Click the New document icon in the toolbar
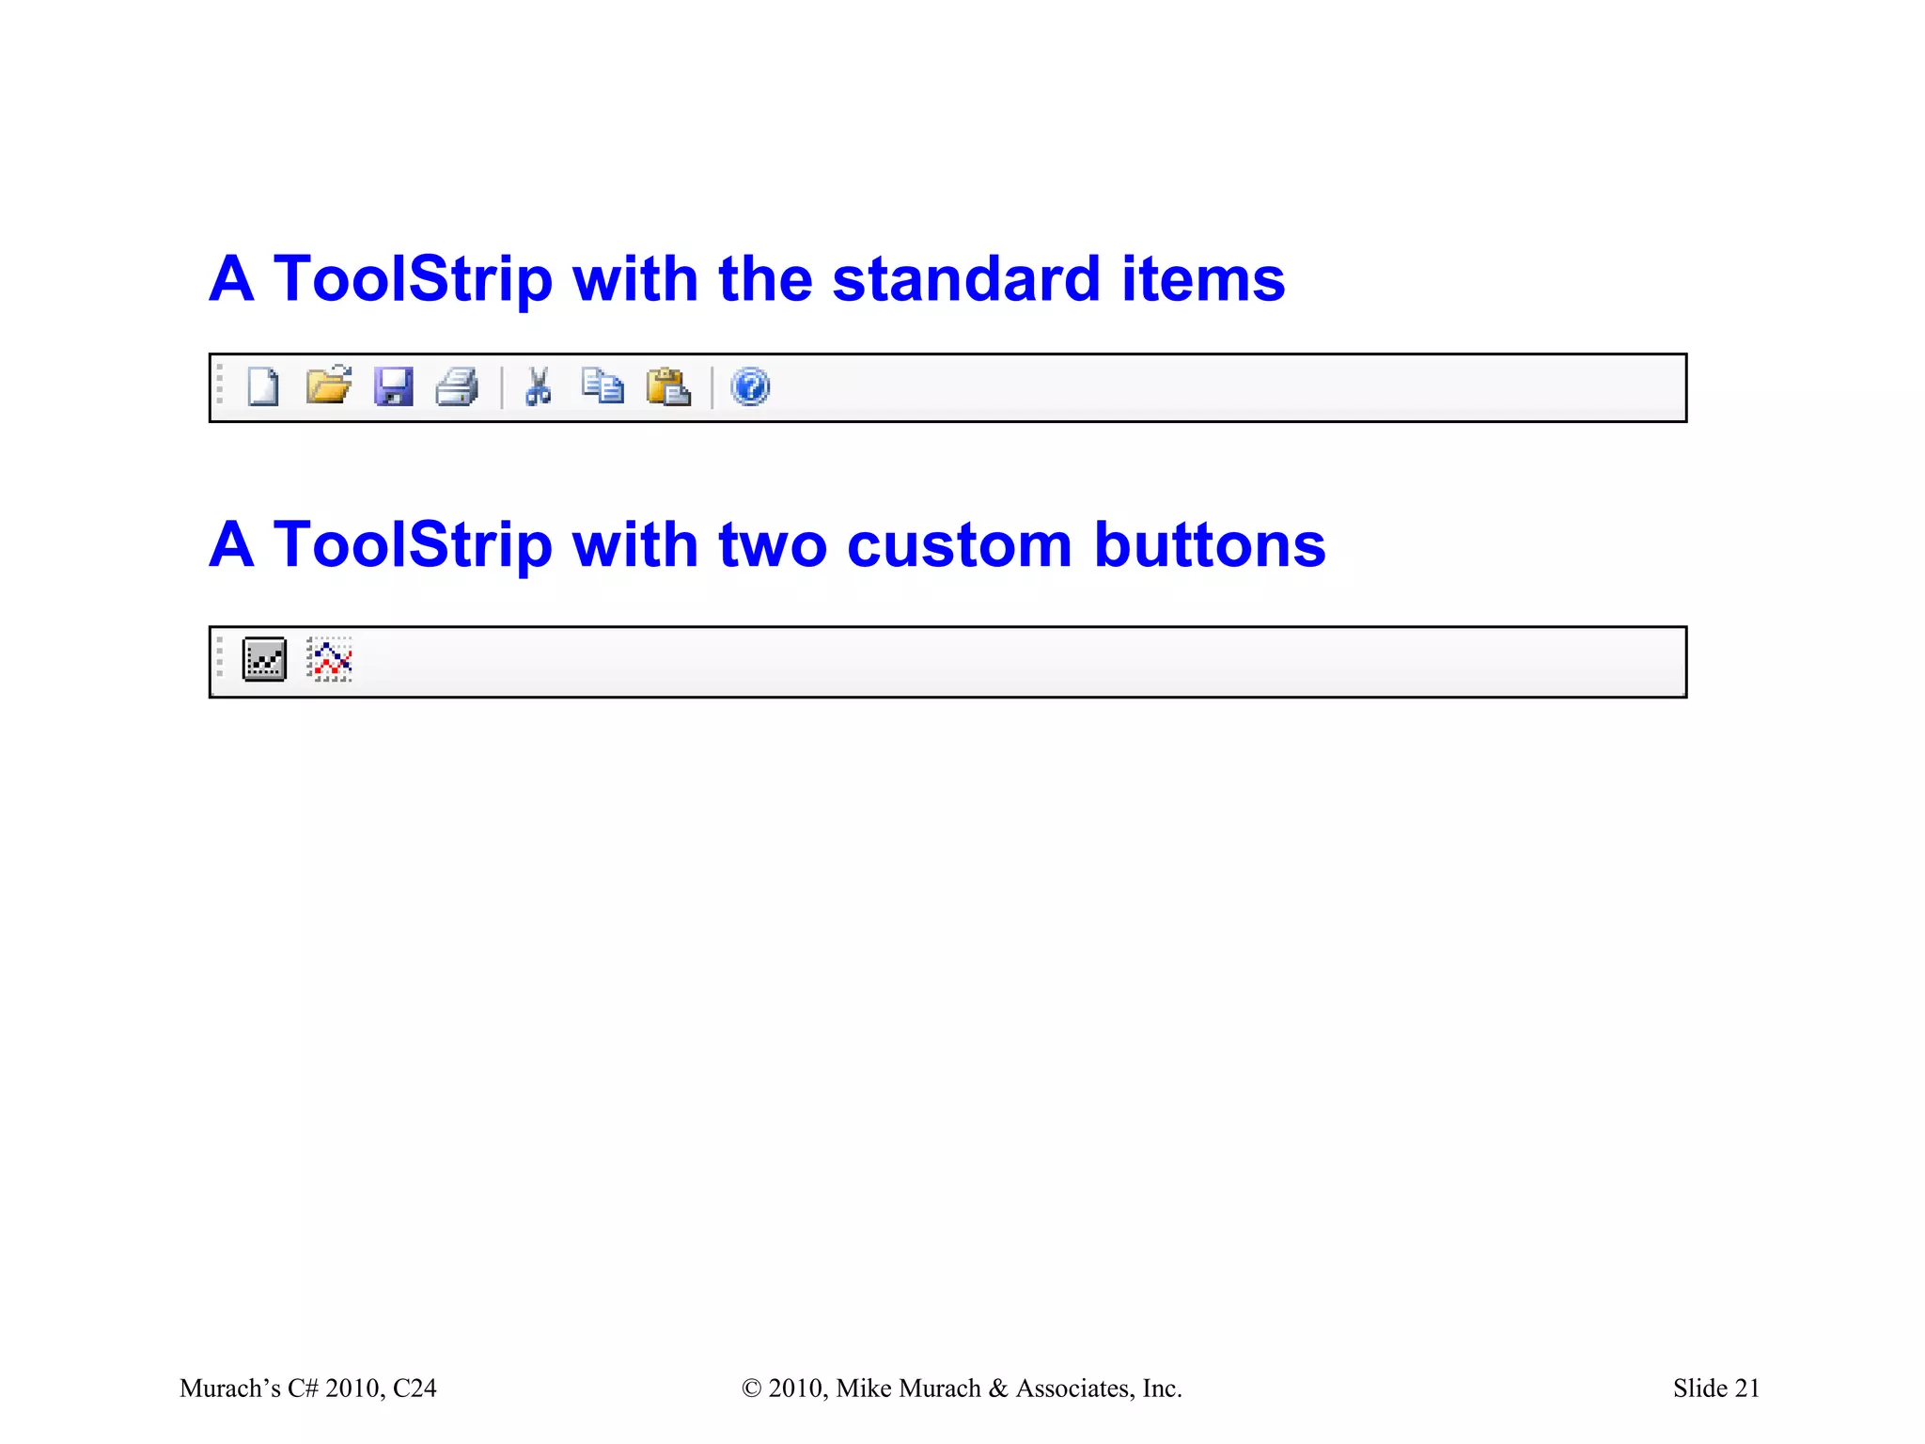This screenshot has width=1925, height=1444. pyautogui.click(x=263, y=387)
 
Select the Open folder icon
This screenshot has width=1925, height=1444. pyautogui.click(x=329, y=385)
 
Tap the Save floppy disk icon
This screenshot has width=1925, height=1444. pyautogui.click(x=393, y=386)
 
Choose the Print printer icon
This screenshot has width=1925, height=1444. pyautogui.click(x=458, y=386)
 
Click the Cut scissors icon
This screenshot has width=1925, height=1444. pyautogui.click(x=539, y=386)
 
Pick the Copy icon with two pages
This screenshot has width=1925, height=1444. pyautogui.click(x=603, y=385)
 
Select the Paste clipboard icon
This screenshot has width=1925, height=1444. pyautogui.click(x=668, y=386)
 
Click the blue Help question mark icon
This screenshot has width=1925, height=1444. pyautogui.click(x=750, y=386)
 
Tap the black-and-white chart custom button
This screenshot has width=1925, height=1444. pyautogui.click(x=264, y=659)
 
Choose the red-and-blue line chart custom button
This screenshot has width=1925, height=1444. pyautogui.click(x=330, y=659)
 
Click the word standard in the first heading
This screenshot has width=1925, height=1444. pyautogui.click(x=966, y=279)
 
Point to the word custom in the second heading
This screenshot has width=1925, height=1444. pyautogui.click(x=959, y=545)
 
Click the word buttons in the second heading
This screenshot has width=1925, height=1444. pyautogui.click(x=1210, y=545)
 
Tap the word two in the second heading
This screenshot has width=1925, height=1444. pyautogui.click(x=772, y=545)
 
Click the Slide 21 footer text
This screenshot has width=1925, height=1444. pyautogui.click(x=1715, y=1389)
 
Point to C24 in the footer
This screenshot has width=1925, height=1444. pyautogui.click(x=415, y=1389)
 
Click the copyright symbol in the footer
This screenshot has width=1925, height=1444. pyautogui.click(x=751, y=1389)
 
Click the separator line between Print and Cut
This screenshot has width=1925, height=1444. pyautogui.click(x=502, y=387)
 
